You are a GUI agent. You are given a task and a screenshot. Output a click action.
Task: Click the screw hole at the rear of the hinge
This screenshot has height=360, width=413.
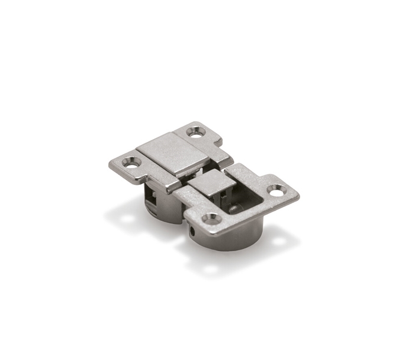pos(196,131)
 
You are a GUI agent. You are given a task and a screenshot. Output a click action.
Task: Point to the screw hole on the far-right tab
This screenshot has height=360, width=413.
pos(276,191)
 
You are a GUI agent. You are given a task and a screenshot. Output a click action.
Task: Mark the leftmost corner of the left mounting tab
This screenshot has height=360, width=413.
pos(110,163)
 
